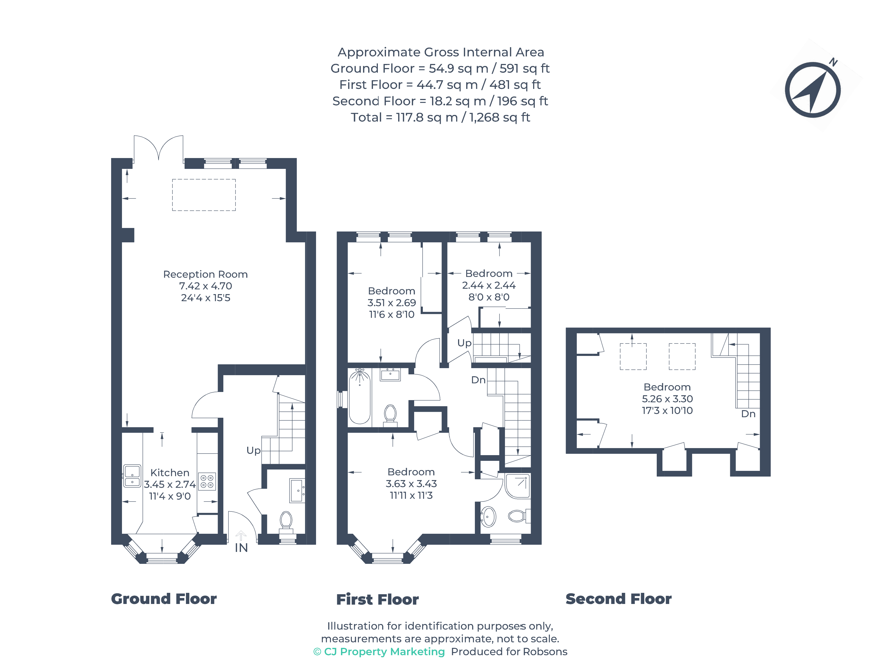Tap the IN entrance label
(241, 548)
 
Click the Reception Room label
(205, 274)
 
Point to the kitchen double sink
(132, 475)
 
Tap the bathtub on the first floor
(359, 396)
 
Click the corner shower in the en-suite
(518, 486)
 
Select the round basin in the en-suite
(488, 516)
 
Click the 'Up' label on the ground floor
(253, 451)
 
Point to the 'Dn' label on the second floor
(748, 414)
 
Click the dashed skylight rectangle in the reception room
(204, 195)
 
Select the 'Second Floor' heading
(619, 599)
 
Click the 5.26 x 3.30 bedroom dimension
(667, 399)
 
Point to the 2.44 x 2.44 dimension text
(489, 285)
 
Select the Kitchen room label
(170, 472)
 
